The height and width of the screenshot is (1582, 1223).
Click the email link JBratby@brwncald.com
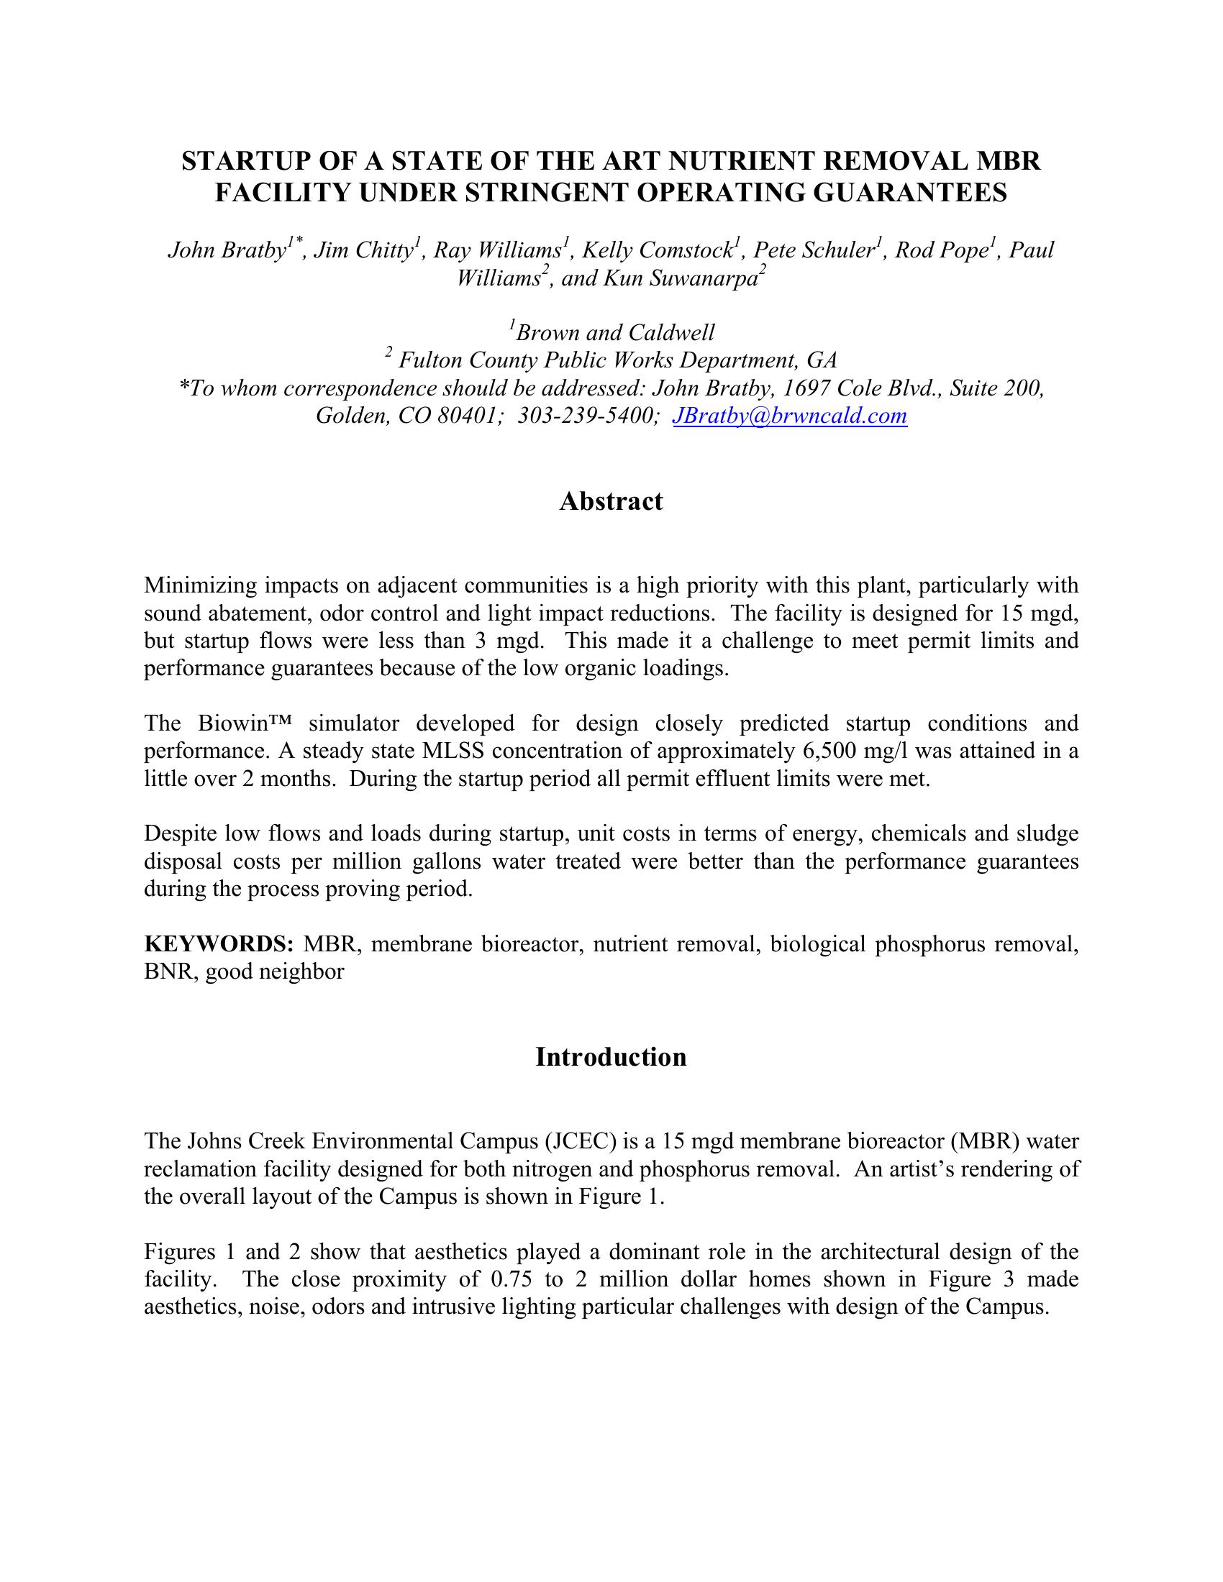coord(790,416)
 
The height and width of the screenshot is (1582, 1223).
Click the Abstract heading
coord(611,501)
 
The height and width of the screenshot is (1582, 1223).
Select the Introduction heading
coord(611,1057)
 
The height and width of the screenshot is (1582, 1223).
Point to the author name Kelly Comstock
coord(658,251)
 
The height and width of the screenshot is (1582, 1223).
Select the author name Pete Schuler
coord(814,251)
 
